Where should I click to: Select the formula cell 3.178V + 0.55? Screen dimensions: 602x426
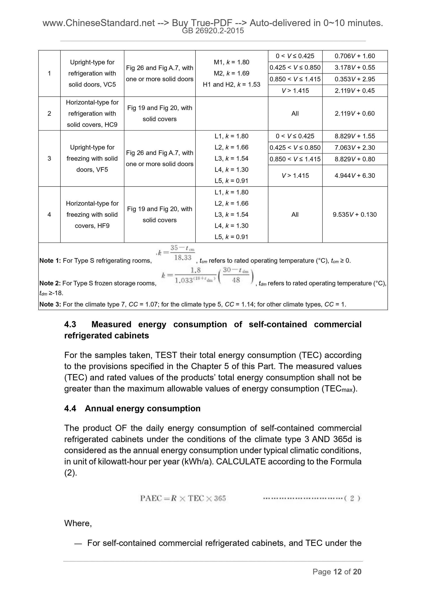tap(355, 67)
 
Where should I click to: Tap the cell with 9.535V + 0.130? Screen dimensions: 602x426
tap(355, 215)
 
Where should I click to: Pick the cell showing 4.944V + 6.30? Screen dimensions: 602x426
tap(355, 175)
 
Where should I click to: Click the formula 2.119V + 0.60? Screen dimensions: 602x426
tap(355, 113)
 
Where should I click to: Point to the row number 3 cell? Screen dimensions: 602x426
tap(49, 158)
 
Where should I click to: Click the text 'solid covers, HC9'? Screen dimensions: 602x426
tap(92, 125)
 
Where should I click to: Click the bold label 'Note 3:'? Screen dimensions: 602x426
tap(50, 304)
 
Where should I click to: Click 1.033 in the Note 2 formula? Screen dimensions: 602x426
tap(184, 280)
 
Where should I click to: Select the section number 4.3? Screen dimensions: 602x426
tap(70, 324)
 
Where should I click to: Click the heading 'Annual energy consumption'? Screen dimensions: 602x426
tap(143, 408)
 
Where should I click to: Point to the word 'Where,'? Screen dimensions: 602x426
tap(78, 523)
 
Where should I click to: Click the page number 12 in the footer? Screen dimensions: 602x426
tap(337, 572)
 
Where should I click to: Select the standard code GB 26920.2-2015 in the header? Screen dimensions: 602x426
tap(213, 31)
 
